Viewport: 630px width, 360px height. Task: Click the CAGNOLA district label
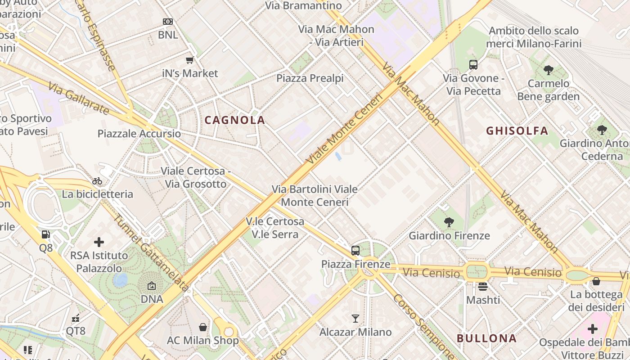point(234,120)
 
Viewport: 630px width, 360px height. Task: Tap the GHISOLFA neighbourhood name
point(517,131)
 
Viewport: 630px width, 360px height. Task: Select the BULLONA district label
point(486,338)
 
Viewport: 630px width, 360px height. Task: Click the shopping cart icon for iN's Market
point(190,60)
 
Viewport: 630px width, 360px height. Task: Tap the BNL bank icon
point(168,22)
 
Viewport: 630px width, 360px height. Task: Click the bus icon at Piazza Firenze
point(355,251)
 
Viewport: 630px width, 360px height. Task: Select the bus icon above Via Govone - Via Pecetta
point(473,65)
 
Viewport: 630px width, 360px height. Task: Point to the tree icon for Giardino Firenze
point(449,222)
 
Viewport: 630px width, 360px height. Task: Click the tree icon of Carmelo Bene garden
point(548,70)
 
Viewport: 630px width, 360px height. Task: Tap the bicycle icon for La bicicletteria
point(97,181)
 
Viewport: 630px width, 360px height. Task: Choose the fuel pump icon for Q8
point(45,234)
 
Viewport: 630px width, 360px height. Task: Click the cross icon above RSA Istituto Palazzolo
point(99,242)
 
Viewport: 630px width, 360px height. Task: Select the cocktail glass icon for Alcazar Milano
point(355,319)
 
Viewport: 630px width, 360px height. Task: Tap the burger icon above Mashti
point(483,286)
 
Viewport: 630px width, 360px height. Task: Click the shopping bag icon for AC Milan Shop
point(203,327)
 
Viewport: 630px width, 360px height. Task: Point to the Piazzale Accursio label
point(139,134)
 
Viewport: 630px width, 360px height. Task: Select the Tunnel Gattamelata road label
point(151,253)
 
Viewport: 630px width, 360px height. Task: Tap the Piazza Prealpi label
point(310,78)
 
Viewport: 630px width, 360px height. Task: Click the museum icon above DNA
point(152,286)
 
